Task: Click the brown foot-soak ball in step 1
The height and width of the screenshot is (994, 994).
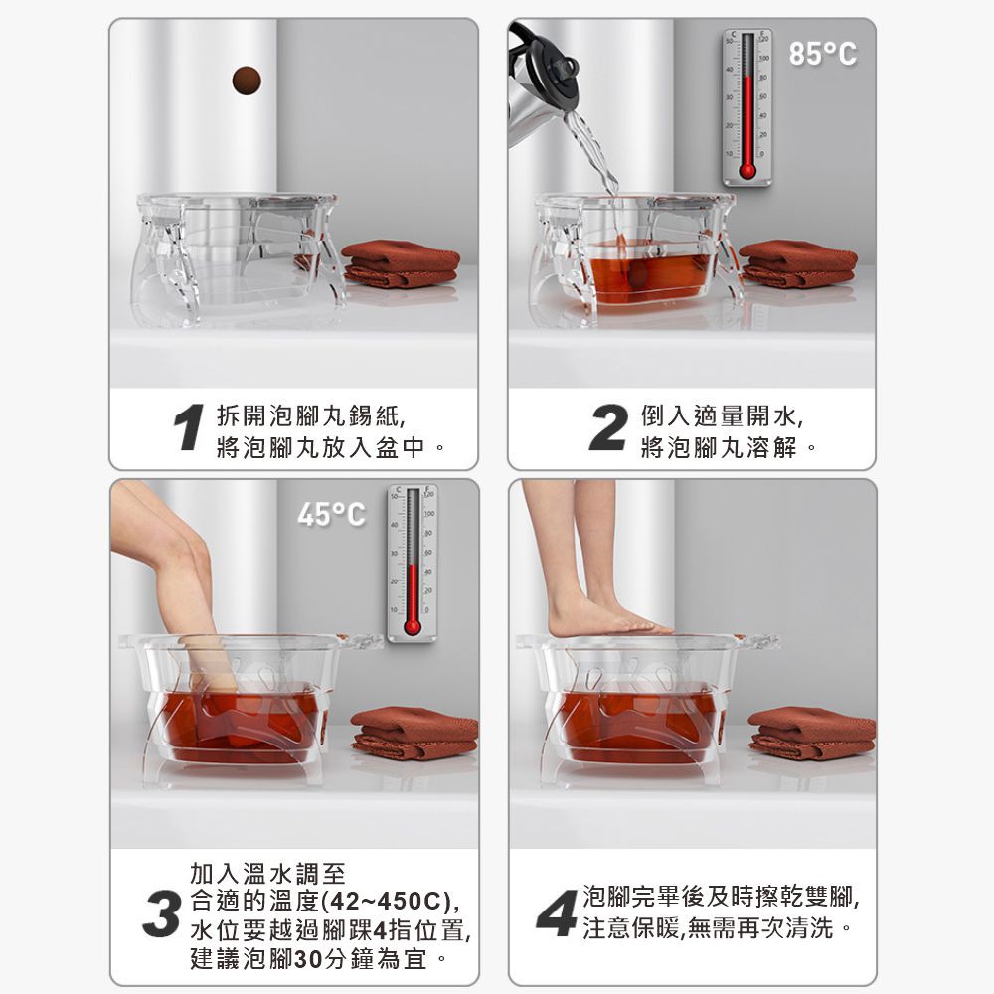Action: tap(247, 81)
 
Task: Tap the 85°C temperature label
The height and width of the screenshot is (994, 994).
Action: tap(822, 54)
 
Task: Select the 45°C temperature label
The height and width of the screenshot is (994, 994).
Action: tap(331, 514)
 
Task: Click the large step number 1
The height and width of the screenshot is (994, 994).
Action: tap(188, 427)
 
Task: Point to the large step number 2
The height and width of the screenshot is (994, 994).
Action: tap(608, 427)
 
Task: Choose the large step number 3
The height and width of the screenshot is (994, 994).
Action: tap(161, 913)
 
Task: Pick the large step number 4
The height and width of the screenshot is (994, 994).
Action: tap(557, 913)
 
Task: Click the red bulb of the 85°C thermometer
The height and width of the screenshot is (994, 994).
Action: tap(747, 171)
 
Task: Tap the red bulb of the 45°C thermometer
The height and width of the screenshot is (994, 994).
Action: tap(413, 627)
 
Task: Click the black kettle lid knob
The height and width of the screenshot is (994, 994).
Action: tap(567, 67)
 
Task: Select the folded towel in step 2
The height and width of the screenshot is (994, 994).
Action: tap(799, 263)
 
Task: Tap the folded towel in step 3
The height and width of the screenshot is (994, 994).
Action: tap(414, 733)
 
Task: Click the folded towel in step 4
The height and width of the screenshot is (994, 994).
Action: tap(812, 733)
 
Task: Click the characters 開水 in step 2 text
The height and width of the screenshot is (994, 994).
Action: tap(771, 415)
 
